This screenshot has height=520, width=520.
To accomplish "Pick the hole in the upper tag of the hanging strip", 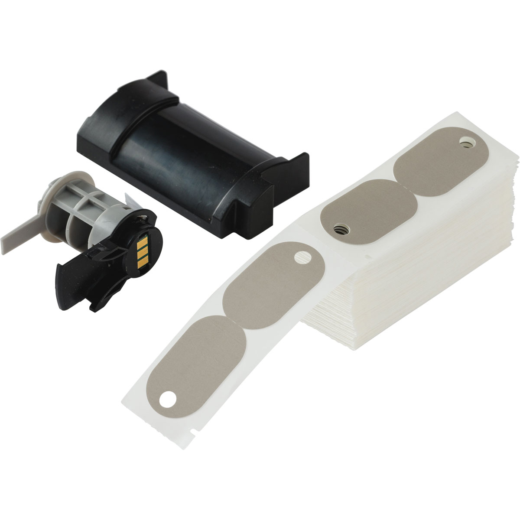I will (x=300, y=259).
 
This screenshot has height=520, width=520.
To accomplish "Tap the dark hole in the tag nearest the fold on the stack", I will (x=339, y=226).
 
